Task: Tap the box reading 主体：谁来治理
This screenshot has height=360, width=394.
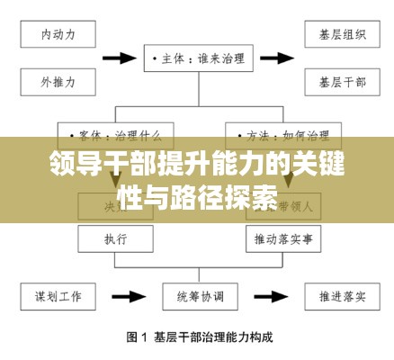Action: coord(195,58)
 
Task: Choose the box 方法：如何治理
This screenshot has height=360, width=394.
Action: coord(279,136)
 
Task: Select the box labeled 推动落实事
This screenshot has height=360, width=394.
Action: coord(278,239)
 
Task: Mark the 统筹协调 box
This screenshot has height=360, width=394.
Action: coord(196,294)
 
